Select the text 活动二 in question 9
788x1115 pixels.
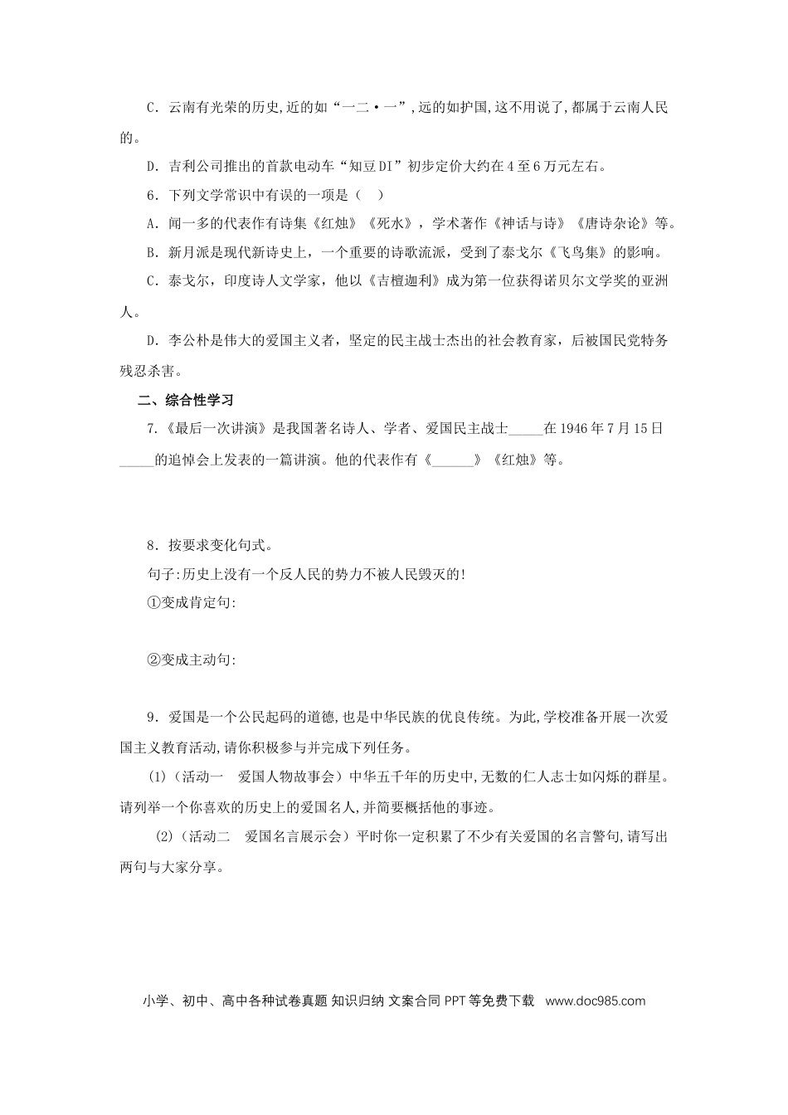207,837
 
